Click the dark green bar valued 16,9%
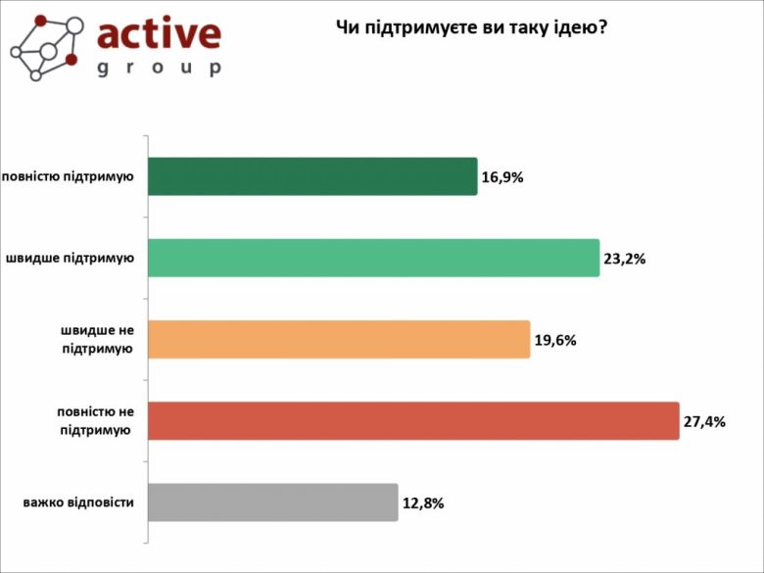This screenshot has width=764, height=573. tap(311, 176)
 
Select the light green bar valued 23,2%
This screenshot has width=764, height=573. tap(373, 258)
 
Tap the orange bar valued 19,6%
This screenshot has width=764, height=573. tap(338, 339)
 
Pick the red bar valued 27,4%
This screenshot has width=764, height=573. tap(412, 420)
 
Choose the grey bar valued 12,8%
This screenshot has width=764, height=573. tap(272, 501)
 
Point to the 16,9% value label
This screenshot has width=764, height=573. tap(502, 178)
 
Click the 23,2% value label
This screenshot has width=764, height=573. tap(625, 260)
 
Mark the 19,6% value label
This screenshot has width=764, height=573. tap(555, 341)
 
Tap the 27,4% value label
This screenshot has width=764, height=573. tap(704, 422)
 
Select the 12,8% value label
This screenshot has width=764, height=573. tap(423, 503)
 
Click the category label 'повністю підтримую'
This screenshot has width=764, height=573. tap(68, 177)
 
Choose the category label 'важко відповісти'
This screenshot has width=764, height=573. tap(78, 503)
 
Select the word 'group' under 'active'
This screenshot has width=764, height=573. tap(159, 68)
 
